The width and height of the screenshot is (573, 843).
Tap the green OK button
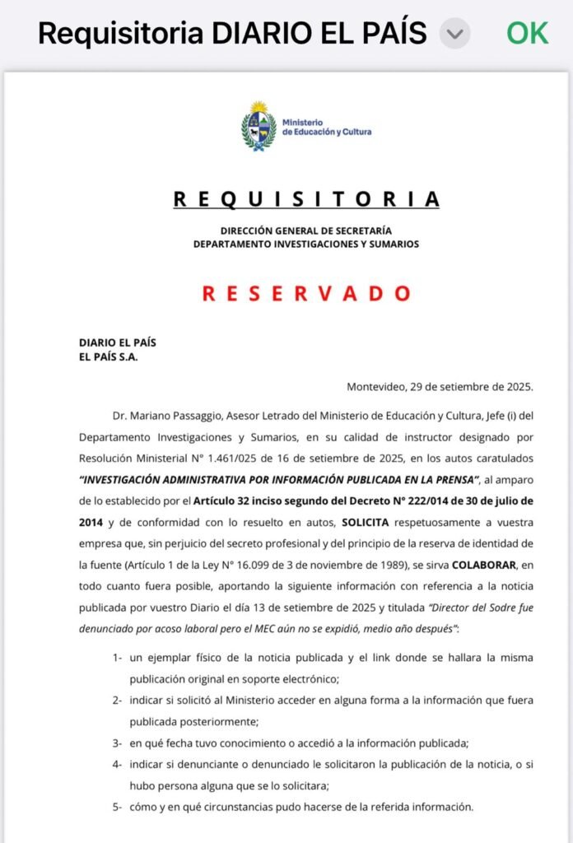click(x=527, y=33)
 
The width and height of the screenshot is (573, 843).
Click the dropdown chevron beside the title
click(x=454, y=35)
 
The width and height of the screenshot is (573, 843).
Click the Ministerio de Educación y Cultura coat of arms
click(x=259, y=127)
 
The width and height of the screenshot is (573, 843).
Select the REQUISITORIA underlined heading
click(x=306, y=199)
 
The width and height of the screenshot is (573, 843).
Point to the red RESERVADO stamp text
click(x=306, y=293)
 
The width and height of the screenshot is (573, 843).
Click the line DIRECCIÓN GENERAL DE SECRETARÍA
click(x=306, y=231)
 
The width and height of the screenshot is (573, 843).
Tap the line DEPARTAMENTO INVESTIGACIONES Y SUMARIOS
click(x=306, y=244)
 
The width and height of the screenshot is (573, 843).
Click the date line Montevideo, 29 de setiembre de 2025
click(x=440, y=386)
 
